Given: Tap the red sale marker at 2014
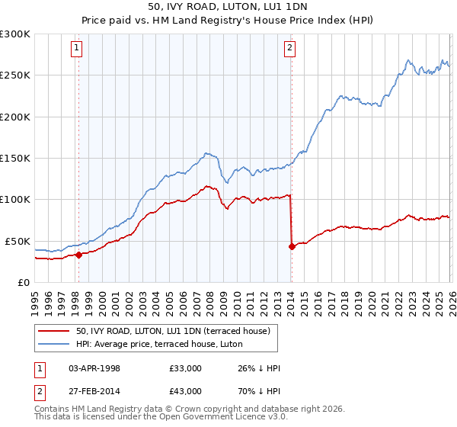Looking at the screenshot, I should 292,246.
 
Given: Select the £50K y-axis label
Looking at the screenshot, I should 18,241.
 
